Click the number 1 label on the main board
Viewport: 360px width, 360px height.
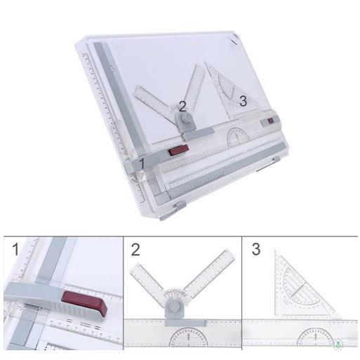[142, 164]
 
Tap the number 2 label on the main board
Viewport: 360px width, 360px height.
[182, 106]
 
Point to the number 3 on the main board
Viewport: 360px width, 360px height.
[243, 101]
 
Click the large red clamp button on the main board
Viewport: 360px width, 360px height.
[178, 149]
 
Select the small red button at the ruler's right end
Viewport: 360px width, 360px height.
[270, 124]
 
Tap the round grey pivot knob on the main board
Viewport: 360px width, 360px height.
[187, 121]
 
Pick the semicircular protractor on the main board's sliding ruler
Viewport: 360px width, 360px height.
[241, 133]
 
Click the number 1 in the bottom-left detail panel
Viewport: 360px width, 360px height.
[15, 249]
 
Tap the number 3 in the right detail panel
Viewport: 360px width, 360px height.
[255, 249]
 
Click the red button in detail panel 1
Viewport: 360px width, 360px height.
[84, 307]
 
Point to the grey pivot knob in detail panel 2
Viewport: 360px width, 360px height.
[173, 309]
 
